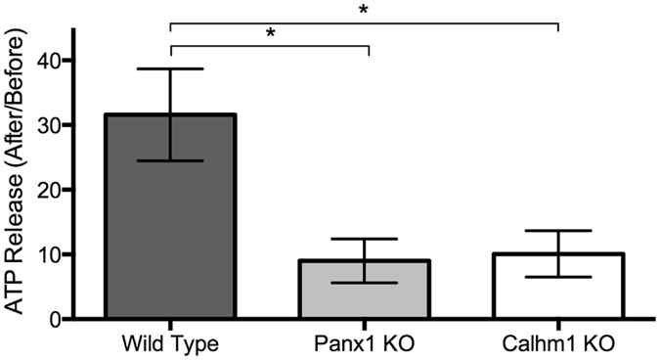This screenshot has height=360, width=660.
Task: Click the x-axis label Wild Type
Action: [x=170, y=345]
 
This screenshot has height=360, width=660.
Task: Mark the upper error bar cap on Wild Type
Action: [x=170, y=68]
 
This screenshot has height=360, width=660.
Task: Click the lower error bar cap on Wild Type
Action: [x=170, y=160]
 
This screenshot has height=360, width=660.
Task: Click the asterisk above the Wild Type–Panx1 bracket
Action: [x=270, y=33]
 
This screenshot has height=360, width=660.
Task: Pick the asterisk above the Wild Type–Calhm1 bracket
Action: [x=365, y=10]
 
